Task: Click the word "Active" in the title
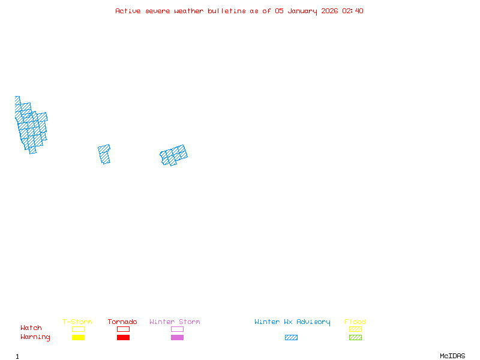point(128,11)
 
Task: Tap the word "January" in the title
point(306,11)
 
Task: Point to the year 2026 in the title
point(331,11)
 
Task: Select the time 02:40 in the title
point(353,11)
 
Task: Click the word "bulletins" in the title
point(227,11)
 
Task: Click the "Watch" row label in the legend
point(31,328)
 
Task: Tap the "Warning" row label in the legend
point(35,337)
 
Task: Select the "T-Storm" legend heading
point(77,322)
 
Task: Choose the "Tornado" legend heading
point(122,322)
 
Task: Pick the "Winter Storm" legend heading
point(175,322)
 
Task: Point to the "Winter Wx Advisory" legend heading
point(292,322)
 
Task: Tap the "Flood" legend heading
point(355,322)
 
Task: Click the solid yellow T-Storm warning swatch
point(78,338)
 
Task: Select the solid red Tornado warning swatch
point(123,338)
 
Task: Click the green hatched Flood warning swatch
point(355,338)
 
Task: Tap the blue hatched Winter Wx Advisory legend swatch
point(291,338)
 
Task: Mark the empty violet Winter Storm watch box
point(177,329)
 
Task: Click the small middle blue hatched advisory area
point(104,154)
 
